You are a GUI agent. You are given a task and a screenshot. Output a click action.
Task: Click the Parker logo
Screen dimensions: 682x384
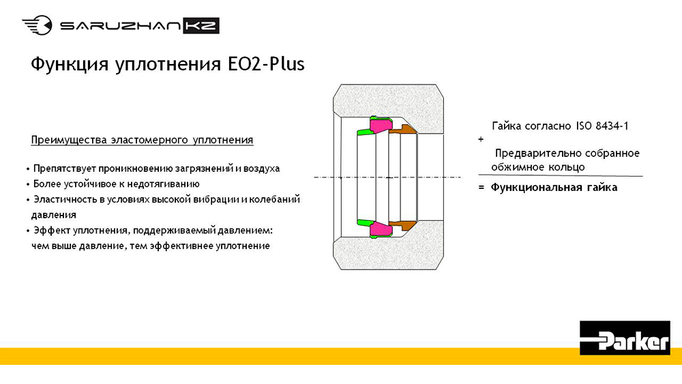click(x=625, y=338)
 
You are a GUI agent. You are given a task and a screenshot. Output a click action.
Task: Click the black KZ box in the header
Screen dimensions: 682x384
click(x=201, y=26)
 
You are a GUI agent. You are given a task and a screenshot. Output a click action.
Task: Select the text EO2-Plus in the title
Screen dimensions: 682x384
click(x=266, y=64)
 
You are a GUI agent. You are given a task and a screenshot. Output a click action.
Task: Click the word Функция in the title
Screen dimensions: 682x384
click(x=70, y=65)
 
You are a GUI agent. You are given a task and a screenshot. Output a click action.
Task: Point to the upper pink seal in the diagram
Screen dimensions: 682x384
click(x=381, y=125)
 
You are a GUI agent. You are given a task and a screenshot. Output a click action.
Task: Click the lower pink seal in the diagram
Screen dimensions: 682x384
click(x=381, y=228)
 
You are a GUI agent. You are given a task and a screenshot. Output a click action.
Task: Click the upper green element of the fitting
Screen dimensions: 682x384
click(x=364, y=132)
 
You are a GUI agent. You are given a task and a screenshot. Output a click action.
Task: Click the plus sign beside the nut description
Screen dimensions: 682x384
click(x=481, y=139)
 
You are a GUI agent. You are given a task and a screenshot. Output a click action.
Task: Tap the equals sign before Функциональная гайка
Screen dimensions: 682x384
click(x=481, y=188)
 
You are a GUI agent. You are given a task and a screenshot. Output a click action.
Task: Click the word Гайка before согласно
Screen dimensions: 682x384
click(x=507, y=126)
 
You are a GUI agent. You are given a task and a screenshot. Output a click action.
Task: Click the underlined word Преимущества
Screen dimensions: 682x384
click(x=69, y=140)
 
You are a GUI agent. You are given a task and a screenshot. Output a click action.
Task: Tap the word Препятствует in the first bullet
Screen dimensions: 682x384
click(x=64, y=168)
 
